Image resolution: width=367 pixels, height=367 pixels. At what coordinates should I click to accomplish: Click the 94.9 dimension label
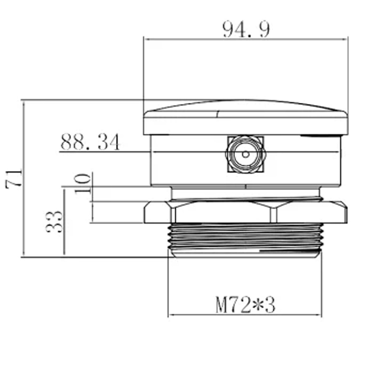246,29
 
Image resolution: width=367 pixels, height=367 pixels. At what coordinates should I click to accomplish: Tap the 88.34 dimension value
90,142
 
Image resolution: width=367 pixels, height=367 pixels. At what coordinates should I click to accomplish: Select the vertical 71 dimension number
14,178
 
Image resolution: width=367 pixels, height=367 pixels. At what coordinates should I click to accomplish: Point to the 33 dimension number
54,222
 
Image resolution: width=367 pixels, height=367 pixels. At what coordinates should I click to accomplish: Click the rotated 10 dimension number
82,183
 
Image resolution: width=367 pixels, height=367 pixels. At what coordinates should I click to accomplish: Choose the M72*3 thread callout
245,305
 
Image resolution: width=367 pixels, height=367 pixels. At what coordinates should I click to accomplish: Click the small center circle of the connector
246,154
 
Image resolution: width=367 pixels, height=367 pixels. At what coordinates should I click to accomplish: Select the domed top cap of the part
246,117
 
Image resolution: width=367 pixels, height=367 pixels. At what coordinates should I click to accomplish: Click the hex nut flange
246,212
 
